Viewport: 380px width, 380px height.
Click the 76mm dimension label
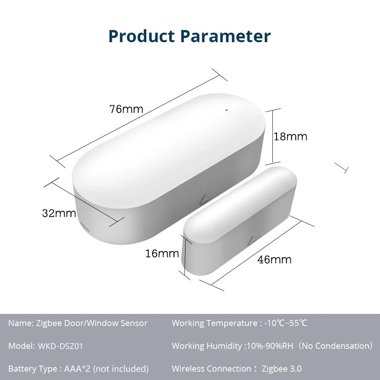tap(126, 109)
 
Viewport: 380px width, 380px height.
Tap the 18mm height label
tap(290, 136)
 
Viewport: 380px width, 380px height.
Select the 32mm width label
tap(59, 213)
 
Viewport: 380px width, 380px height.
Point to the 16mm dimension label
tap(162, 253)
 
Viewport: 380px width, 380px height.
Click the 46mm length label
tap(274, 260)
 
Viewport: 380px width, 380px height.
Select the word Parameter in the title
tap(225, 36)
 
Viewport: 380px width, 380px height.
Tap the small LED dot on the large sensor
tap(226, 111)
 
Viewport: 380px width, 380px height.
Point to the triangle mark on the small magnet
tap(251, 241)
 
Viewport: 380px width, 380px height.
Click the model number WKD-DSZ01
tap(60, 346)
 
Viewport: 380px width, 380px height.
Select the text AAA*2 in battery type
tap(77, 369)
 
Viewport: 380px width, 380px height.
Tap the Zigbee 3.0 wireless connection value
tap(282, 369)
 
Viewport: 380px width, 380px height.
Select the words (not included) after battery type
tap(121, 369)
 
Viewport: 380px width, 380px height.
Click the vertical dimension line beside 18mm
tap(272, 136)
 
